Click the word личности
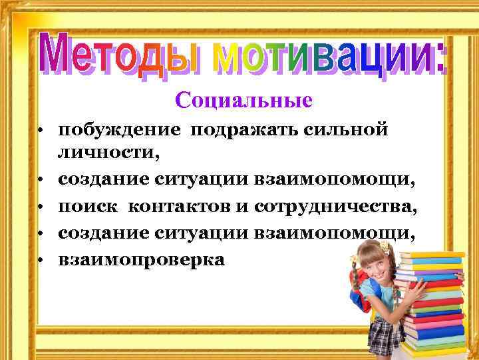point(109,155)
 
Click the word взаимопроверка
point(142,259)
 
